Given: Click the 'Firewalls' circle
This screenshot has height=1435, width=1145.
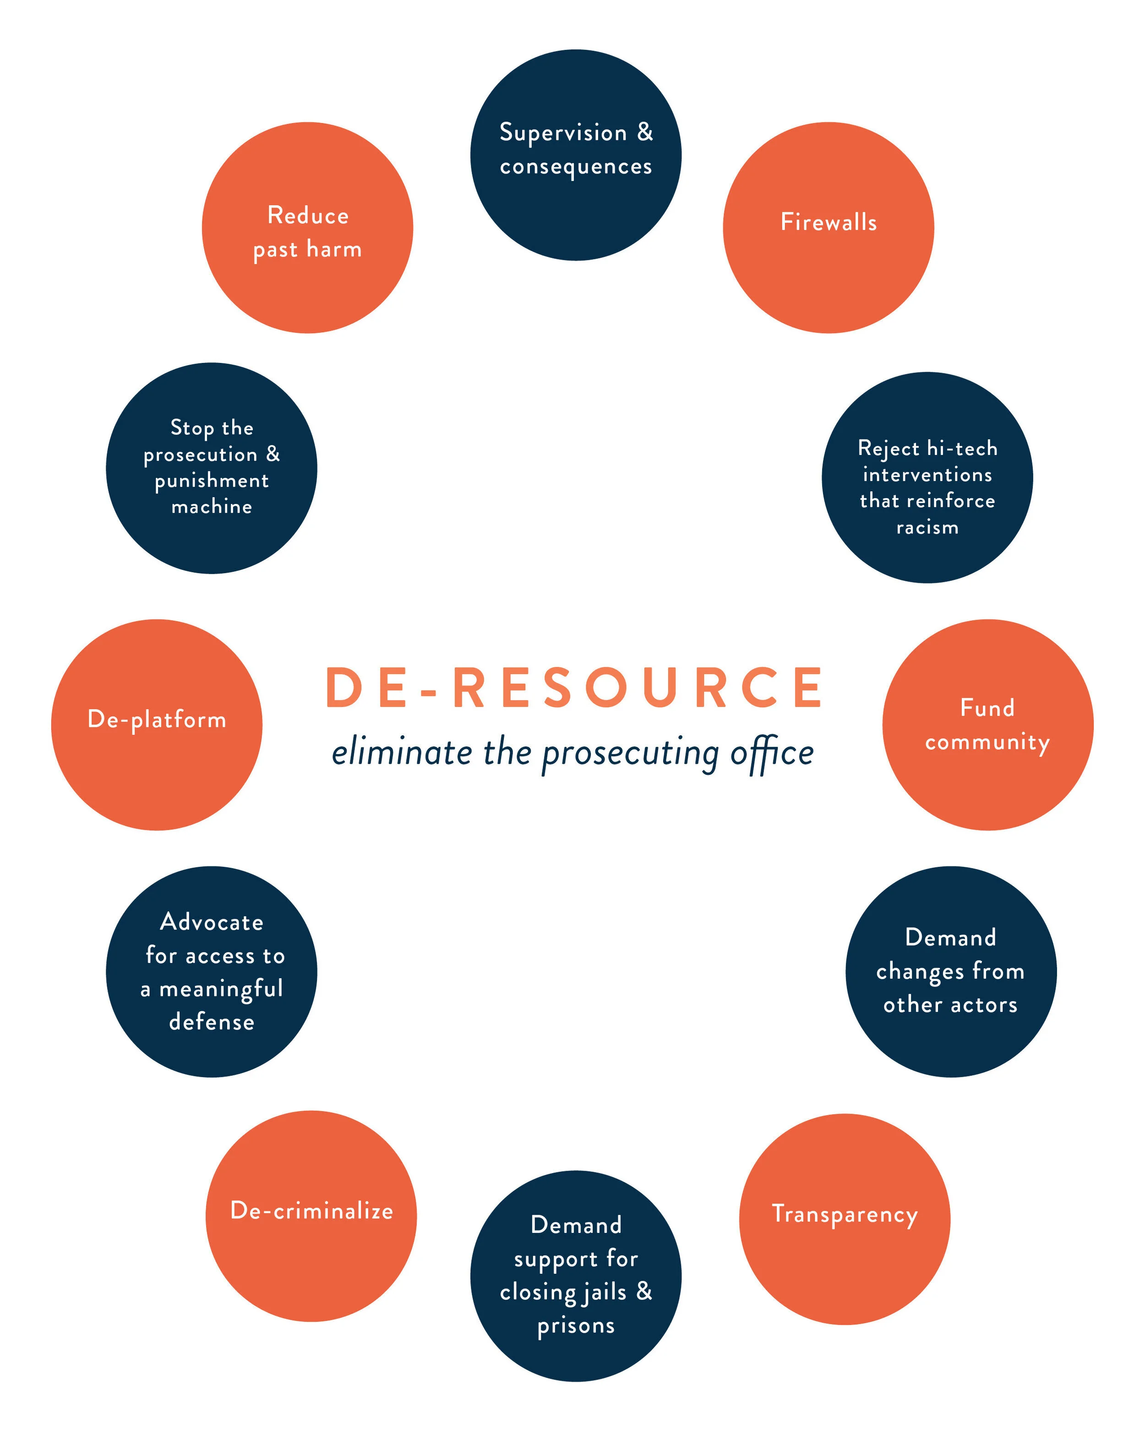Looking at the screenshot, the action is tap(829, 228).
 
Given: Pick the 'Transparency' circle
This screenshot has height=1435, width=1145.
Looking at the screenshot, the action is tap(844, 1219).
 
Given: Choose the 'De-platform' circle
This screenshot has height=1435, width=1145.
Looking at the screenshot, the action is tap(157, 725).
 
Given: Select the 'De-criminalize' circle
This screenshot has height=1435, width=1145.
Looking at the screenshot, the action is tap(311, 1216).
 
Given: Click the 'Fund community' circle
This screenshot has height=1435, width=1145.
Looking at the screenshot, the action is tap(987, 725).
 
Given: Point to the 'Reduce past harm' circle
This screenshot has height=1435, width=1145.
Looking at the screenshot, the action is tap(307, 228).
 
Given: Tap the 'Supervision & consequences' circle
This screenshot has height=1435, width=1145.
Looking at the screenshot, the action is tap(576, 154).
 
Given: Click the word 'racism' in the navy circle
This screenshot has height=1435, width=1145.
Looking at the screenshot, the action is tap(927, 528).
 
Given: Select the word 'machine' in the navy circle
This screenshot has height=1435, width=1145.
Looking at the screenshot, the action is tap(212, 507).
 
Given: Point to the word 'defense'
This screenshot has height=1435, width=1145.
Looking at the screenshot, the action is tap(212, 1022).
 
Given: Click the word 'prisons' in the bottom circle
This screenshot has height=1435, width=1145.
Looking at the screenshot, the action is tap(576, 1326).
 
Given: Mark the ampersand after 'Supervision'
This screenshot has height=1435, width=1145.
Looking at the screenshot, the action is tap(645, 132).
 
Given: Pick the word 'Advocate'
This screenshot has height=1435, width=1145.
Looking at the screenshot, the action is tap(212, 922).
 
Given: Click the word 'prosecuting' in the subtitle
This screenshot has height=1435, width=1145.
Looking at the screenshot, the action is tap(631, 754).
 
